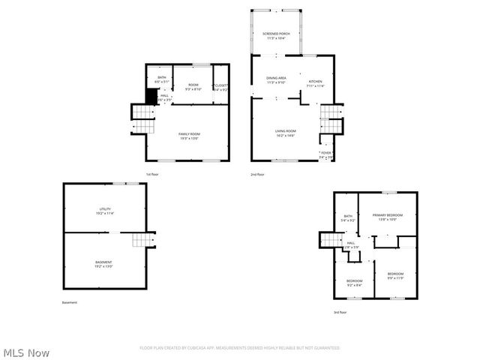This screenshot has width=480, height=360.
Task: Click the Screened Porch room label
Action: [x=275, y=35]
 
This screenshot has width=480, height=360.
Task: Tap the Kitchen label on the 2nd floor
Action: [x=315, y=83]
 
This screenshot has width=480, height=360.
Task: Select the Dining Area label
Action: [x=276, y=79]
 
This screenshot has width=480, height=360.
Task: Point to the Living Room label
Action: [x=285, y=133]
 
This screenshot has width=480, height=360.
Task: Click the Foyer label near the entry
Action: [x=325, y=154]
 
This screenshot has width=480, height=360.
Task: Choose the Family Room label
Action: [x=189, y=136]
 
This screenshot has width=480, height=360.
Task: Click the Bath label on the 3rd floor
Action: [x=347, y=218]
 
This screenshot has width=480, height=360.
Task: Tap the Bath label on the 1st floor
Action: [x=161, y=79]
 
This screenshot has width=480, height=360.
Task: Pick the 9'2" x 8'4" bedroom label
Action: [x=354, y=283]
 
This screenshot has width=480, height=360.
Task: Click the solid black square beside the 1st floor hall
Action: [x=152, y=97]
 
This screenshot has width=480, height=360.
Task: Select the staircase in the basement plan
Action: [x=142, y=241]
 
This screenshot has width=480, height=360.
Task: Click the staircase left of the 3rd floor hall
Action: [x=331, y=239]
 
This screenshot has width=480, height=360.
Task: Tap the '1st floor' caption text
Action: [x=151, y=174]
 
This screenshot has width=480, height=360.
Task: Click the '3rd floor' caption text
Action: [x=340, y=312]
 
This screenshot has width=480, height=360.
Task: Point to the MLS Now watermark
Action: [x=26, y=352]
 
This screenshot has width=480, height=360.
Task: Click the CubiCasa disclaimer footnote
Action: [x=240, y=348]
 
